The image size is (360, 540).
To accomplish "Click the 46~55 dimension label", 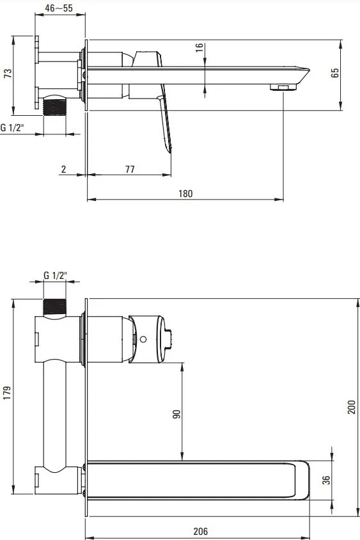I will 58,9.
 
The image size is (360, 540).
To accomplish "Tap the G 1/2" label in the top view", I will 12,127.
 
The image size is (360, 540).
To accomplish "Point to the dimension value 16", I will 199,48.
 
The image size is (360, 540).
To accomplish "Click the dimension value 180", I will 185,193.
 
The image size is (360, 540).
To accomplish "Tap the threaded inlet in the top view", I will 54,106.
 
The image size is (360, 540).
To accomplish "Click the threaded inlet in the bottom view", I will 56,306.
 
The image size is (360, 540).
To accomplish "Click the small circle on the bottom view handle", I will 145,339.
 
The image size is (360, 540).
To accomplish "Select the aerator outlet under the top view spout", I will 281,86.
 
